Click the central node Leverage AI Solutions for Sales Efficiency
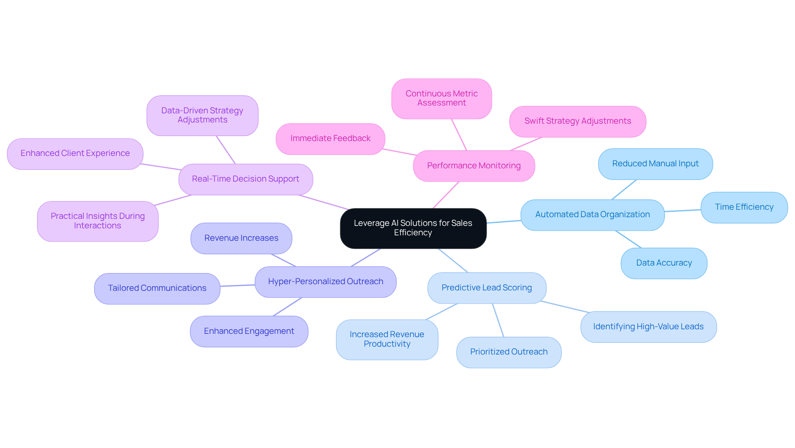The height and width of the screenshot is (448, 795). point(413,228)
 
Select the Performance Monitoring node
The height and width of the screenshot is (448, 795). point(474,166)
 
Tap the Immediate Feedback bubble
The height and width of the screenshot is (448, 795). point(330,139)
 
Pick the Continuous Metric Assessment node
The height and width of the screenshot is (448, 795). point(441,98)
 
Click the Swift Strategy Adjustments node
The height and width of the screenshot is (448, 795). point(578,121)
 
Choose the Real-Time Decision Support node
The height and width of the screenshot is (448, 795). point(246,179)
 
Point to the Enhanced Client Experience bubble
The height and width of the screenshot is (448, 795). point(75,153)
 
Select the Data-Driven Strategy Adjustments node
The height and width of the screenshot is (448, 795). point(202,115)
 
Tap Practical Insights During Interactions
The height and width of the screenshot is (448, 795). point(98,221)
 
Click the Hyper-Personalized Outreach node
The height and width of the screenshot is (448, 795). point(325,282)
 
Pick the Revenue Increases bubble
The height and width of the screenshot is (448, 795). point(241,238)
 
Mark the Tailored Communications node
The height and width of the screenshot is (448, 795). point(157,288)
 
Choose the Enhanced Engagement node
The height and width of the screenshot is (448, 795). point(249,331)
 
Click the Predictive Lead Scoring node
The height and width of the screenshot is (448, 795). point(487,288)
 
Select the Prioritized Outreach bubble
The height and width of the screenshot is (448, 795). point(508,352)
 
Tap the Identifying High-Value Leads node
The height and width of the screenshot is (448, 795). point(648,327)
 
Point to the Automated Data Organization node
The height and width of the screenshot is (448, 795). point(592,215)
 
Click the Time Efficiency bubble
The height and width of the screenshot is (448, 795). point(744,207)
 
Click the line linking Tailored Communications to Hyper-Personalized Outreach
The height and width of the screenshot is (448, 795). point(237,285)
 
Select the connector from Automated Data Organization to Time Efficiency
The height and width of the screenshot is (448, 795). point(682,211)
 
